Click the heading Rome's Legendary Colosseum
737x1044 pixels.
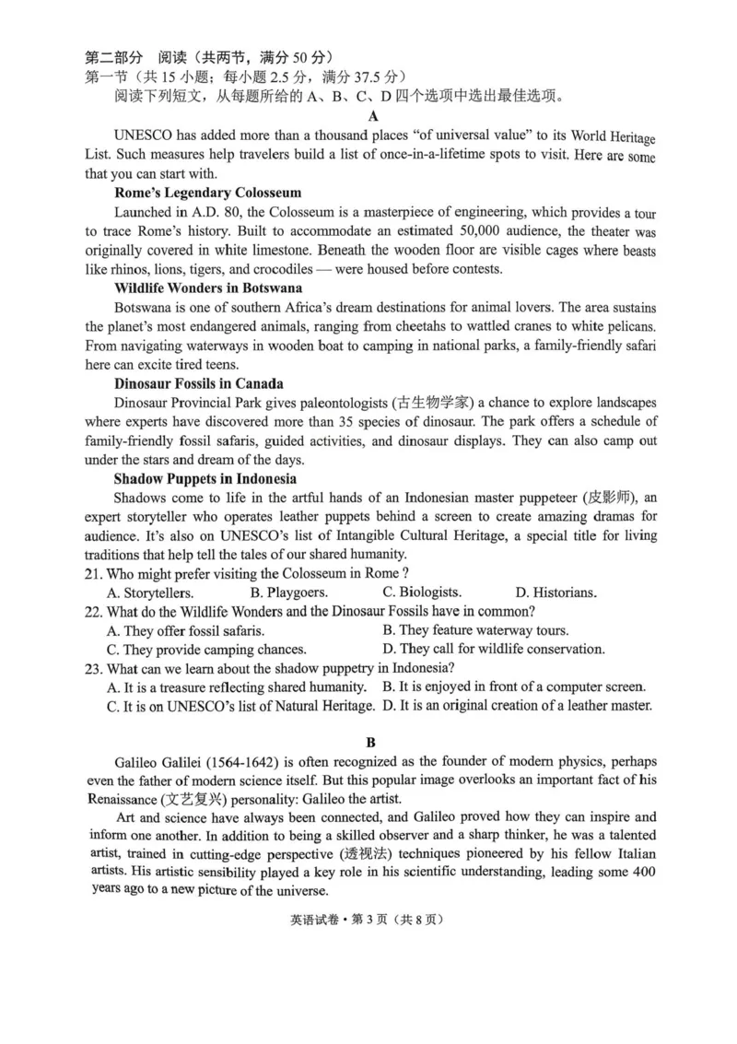click(x=207, y=193)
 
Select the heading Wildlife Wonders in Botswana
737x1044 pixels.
click(x=208, y=287)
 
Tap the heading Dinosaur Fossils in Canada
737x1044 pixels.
click(x=198, y=383)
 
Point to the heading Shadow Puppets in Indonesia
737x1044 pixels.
click(x=205, y=478)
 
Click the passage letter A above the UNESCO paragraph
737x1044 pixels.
click(x=372, y=116)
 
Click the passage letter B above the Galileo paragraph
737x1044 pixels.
click(x=370, y=740)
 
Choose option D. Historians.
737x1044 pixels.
click(x=556, y=592)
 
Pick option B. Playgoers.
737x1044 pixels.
click(x=289, y=592)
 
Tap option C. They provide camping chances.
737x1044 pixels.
click(x=206, y=649)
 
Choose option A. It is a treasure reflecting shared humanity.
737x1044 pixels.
click(x=237, y=687)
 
